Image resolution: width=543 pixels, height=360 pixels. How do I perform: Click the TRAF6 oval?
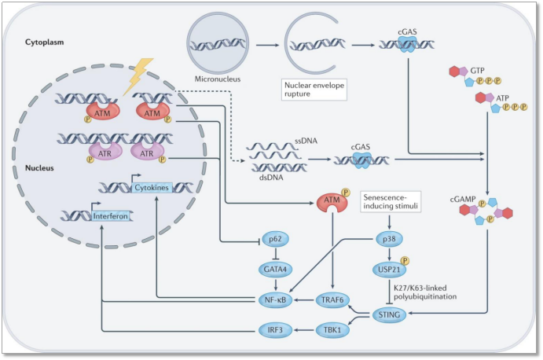[332, 299]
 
